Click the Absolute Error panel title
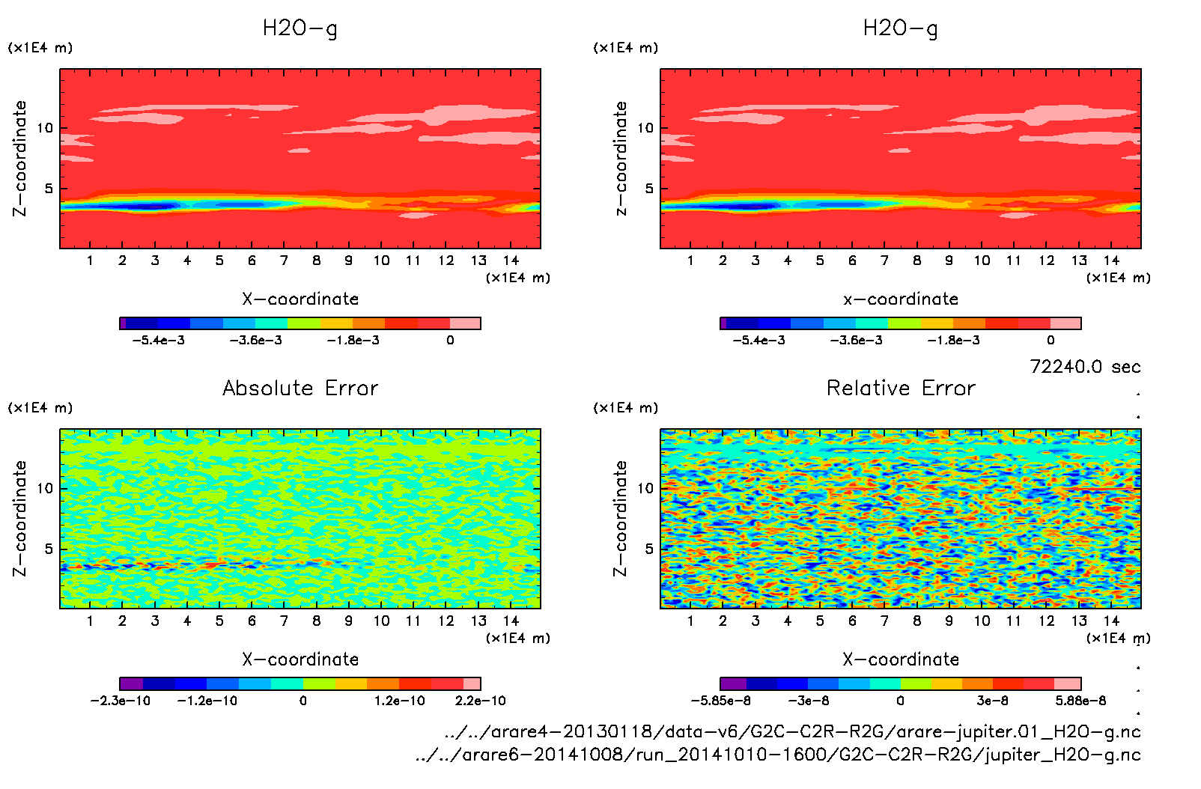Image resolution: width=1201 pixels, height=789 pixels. coord(300,388)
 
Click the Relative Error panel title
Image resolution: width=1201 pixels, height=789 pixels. coord(901,388)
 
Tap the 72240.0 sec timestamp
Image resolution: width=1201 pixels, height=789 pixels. coord(1085,367)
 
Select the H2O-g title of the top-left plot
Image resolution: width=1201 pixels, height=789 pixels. coord(300,28)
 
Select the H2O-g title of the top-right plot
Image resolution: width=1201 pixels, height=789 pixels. coord(901,28)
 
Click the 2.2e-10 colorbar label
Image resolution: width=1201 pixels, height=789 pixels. coord(480,701)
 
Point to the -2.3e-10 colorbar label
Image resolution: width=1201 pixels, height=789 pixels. coord(121,701)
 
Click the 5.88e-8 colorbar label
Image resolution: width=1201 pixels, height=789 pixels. coord(1080,701)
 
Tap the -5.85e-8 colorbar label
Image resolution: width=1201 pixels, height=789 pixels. coord(721,701)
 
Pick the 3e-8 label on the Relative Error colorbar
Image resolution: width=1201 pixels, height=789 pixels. coord(992,701)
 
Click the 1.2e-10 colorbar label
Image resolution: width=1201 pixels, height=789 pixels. coord(399,701)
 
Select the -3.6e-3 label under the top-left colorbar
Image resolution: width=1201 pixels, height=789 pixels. coord(256,341)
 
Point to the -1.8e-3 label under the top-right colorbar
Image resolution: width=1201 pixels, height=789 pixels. coord(953,341)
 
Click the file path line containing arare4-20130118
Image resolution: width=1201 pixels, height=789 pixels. coord(792,731)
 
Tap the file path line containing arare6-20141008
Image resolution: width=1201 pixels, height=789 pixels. coord(778,755)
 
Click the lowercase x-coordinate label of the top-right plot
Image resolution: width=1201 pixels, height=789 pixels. coord(901,299)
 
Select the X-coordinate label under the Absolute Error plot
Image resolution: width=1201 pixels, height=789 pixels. coord(300,659)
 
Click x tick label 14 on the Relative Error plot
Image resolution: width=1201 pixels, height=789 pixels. coord(1111,621)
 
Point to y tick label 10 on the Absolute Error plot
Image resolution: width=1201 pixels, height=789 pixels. coord(45,489)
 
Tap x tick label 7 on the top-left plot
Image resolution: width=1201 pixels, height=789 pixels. coord(284,261)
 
